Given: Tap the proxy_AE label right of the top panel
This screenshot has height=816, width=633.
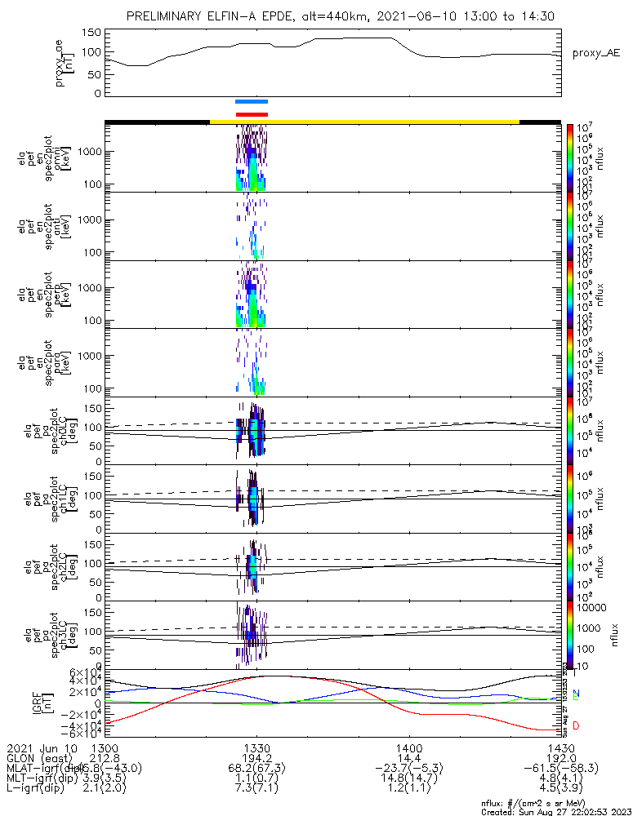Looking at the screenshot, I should coord(596,53).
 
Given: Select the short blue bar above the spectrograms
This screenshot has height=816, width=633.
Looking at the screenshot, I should coord(251,102).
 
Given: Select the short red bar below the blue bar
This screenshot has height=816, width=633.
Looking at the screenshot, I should coord(251,114).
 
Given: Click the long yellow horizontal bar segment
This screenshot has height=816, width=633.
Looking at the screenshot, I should coord(364,122).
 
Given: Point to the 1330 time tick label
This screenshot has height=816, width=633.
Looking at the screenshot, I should coord(256,747).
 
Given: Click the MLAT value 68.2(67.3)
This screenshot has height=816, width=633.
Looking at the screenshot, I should coord(256,768).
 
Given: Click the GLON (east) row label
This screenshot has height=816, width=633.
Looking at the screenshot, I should coord(39,758).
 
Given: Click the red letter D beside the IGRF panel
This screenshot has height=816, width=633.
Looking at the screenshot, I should coord(576,725).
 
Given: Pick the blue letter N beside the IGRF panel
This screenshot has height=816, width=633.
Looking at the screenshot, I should coord(576,694).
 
